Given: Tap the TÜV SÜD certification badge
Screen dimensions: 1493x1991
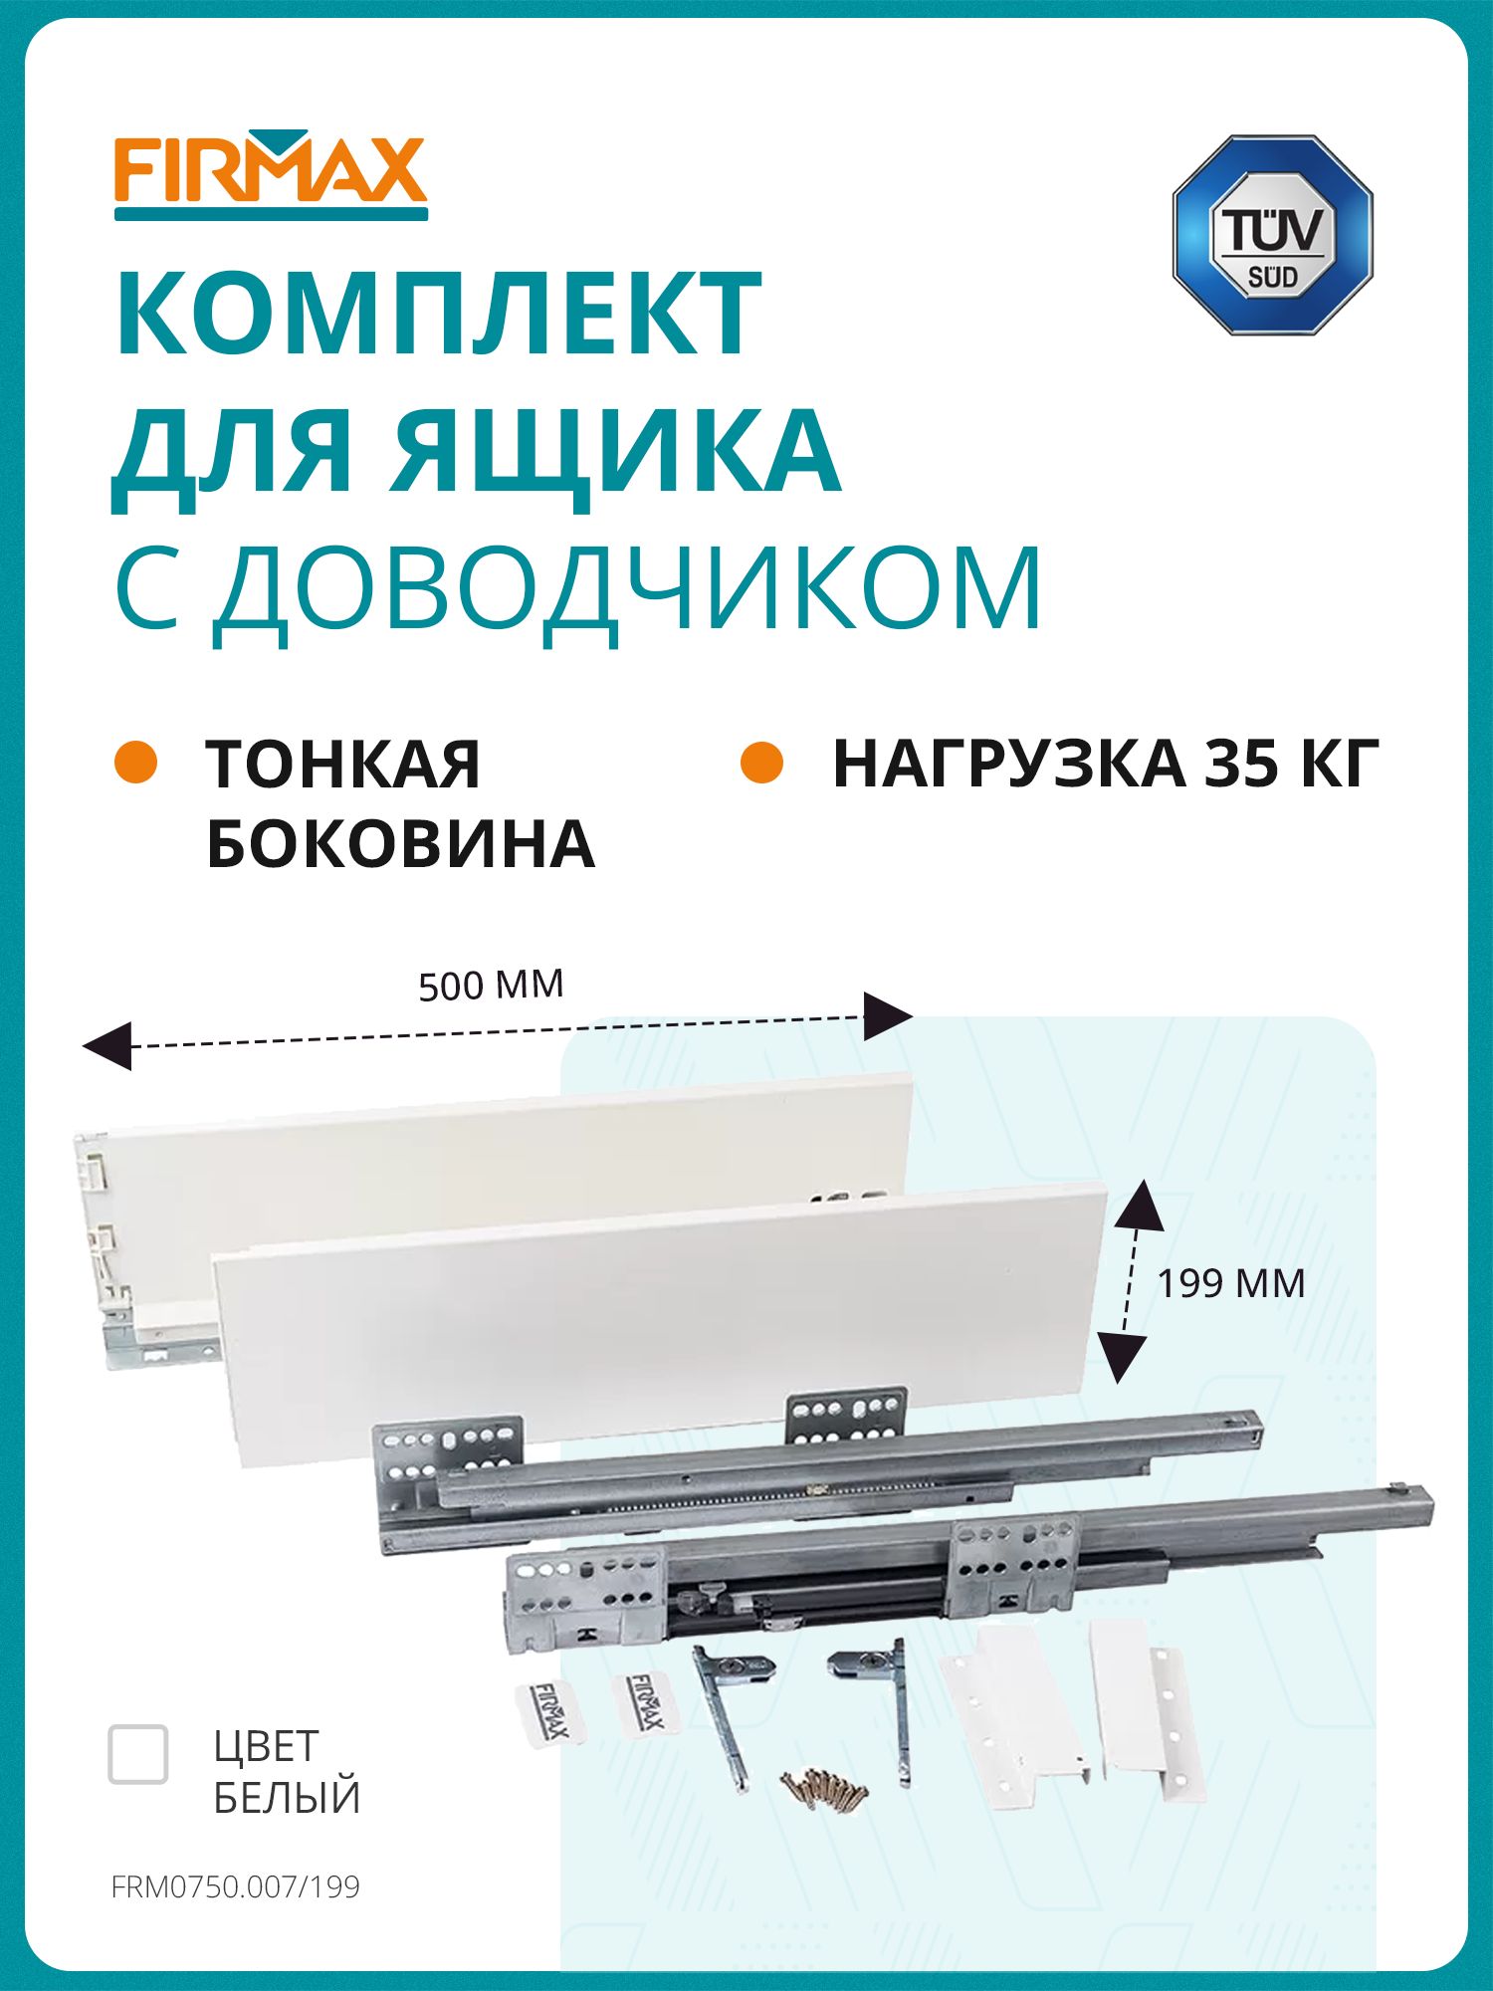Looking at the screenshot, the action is [x=1272, y=235].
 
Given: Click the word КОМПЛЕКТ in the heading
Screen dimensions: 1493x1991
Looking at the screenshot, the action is [x=439, y=313].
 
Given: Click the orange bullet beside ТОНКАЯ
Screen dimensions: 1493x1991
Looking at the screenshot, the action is [x=136, y=763].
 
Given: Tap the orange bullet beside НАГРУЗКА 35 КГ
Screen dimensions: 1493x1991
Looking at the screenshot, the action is [x=762, y=763].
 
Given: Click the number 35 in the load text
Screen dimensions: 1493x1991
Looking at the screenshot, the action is [x=1243, y=765].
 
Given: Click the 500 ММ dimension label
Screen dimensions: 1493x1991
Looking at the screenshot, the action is [x=491, y=985].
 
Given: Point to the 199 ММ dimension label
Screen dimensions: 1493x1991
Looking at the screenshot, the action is [x=1230, y=1283].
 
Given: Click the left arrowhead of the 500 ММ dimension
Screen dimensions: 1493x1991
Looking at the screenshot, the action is [x=107, y=1045].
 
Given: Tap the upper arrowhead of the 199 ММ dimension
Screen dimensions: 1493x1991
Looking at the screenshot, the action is [x=1140, y=1205].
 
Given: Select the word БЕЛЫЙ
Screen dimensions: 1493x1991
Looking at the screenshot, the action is [x=287, y=1798].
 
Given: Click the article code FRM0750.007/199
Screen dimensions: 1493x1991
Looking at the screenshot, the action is [x=236, y=1887].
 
